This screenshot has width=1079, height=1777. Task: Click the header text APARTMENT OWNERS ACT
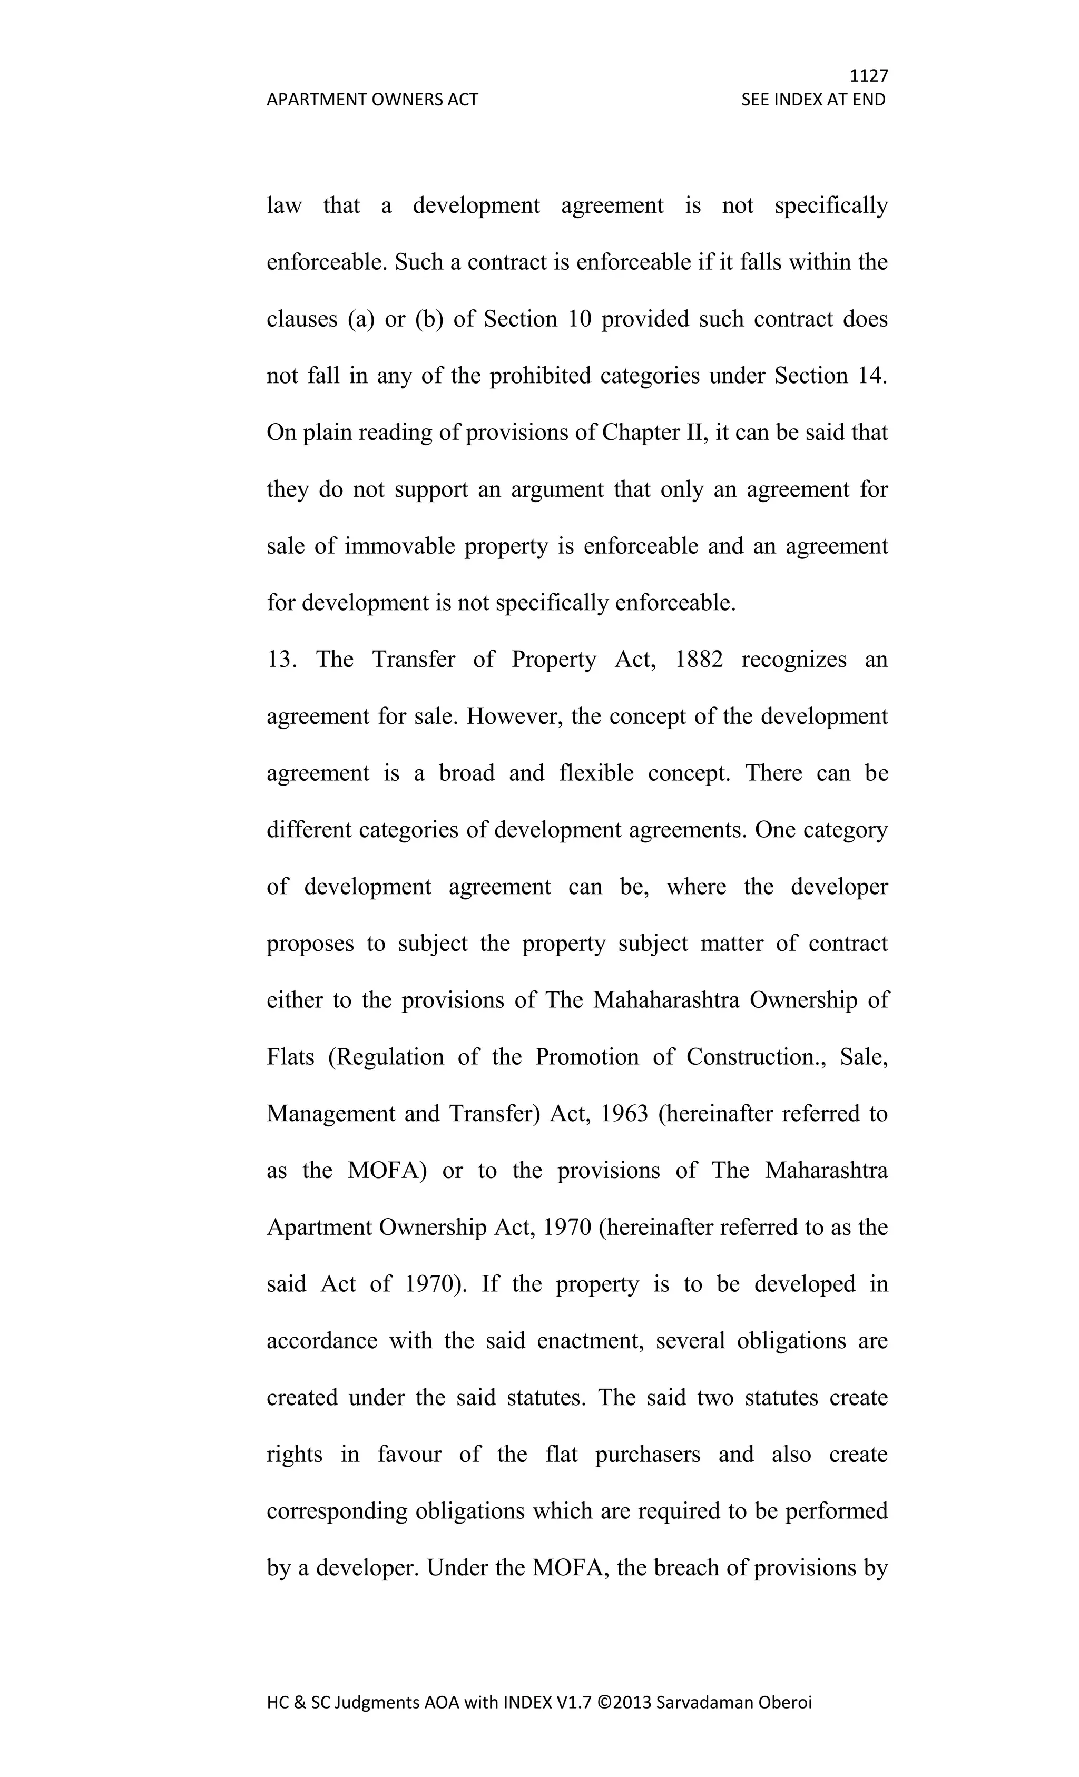coord(372,100)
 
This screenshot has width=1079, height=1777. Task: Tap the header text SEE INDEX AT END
coord(813,100)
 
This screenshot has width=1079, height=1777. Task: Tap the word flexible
coord(596,773)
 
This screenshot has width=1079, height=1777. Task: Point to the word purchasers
coord(648,1455)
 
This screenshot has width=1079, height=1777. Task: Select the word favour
coord(409,1455)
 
